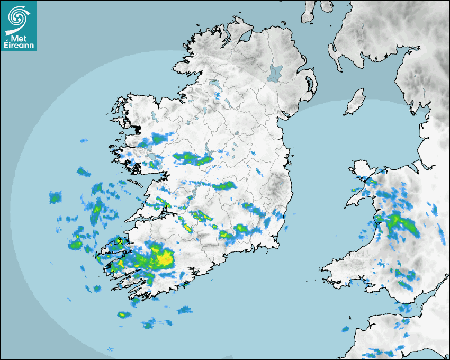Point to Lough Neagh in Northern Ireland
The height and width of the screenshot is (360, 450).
click(x=274, y=73)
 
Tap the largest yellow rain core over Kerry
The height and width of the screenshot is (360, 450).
click(x=166, y=258)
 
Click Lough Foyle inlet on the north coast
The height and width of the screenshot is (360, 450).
click(x=245, y=37)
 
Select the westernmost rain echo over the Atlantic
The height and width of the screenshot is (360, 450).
click(x=55, y=198)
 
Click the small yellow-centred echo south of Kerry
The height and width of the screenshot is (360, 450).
click(x=124, y=315)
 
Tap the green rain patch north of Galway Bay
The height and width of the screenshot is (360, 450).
click(x=157, y=139)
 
